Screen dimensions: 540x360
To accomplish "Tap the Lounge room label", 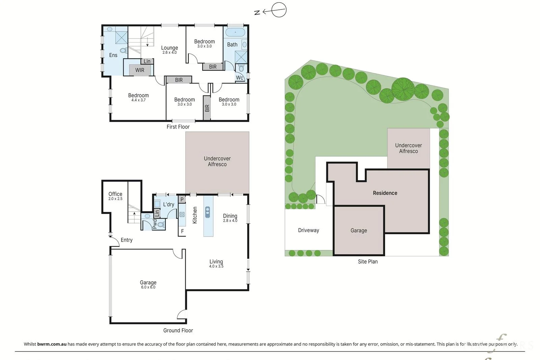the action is pos(169,48).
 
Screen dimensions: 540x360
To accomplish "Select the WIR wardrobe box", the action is pos(140,70).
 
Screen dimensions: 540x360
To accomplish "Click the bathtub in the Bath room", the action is pos(235,32).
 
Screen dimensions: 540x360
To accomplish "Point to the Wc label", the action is pos(239,78).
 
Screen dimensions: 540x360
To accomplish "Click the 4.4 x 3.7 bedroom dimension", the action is pos(138,100).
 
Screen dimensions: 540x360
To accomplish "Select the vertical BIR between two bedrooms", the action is pos(207,108).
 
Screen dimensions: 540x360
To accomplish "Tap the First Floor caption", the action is pos(178,127).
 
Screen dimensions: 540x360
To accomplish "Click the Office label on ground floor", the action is pos(115,194).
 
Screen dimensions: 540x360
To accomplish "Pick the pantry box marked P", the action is pos(182,199).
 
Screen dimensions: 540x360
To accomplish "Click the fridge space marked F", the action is pos(182,231).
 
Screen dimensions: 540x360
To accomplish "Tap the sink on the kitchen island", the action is pos(207,212).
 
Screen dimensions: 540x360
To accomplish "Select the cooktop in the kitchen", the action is pos(182,215).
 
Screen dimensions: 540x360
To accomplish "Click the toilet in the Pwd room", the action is pos(161,225).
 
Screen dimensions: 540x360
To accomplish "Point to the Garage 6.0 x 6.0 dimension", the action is pos(148,287).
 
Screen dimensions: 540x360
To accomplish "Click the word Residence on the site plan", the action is pos(385,193).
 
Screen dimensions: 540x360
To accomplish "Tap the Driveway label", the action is pos(308,230).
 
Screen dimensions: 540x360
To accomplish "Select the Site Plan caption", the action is pos(368,261).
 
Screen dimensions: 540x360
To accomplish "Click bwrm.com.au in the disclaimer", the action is pos(52,344).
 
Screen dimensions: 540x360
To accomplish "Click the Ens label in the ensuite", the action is pos(113,55).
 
